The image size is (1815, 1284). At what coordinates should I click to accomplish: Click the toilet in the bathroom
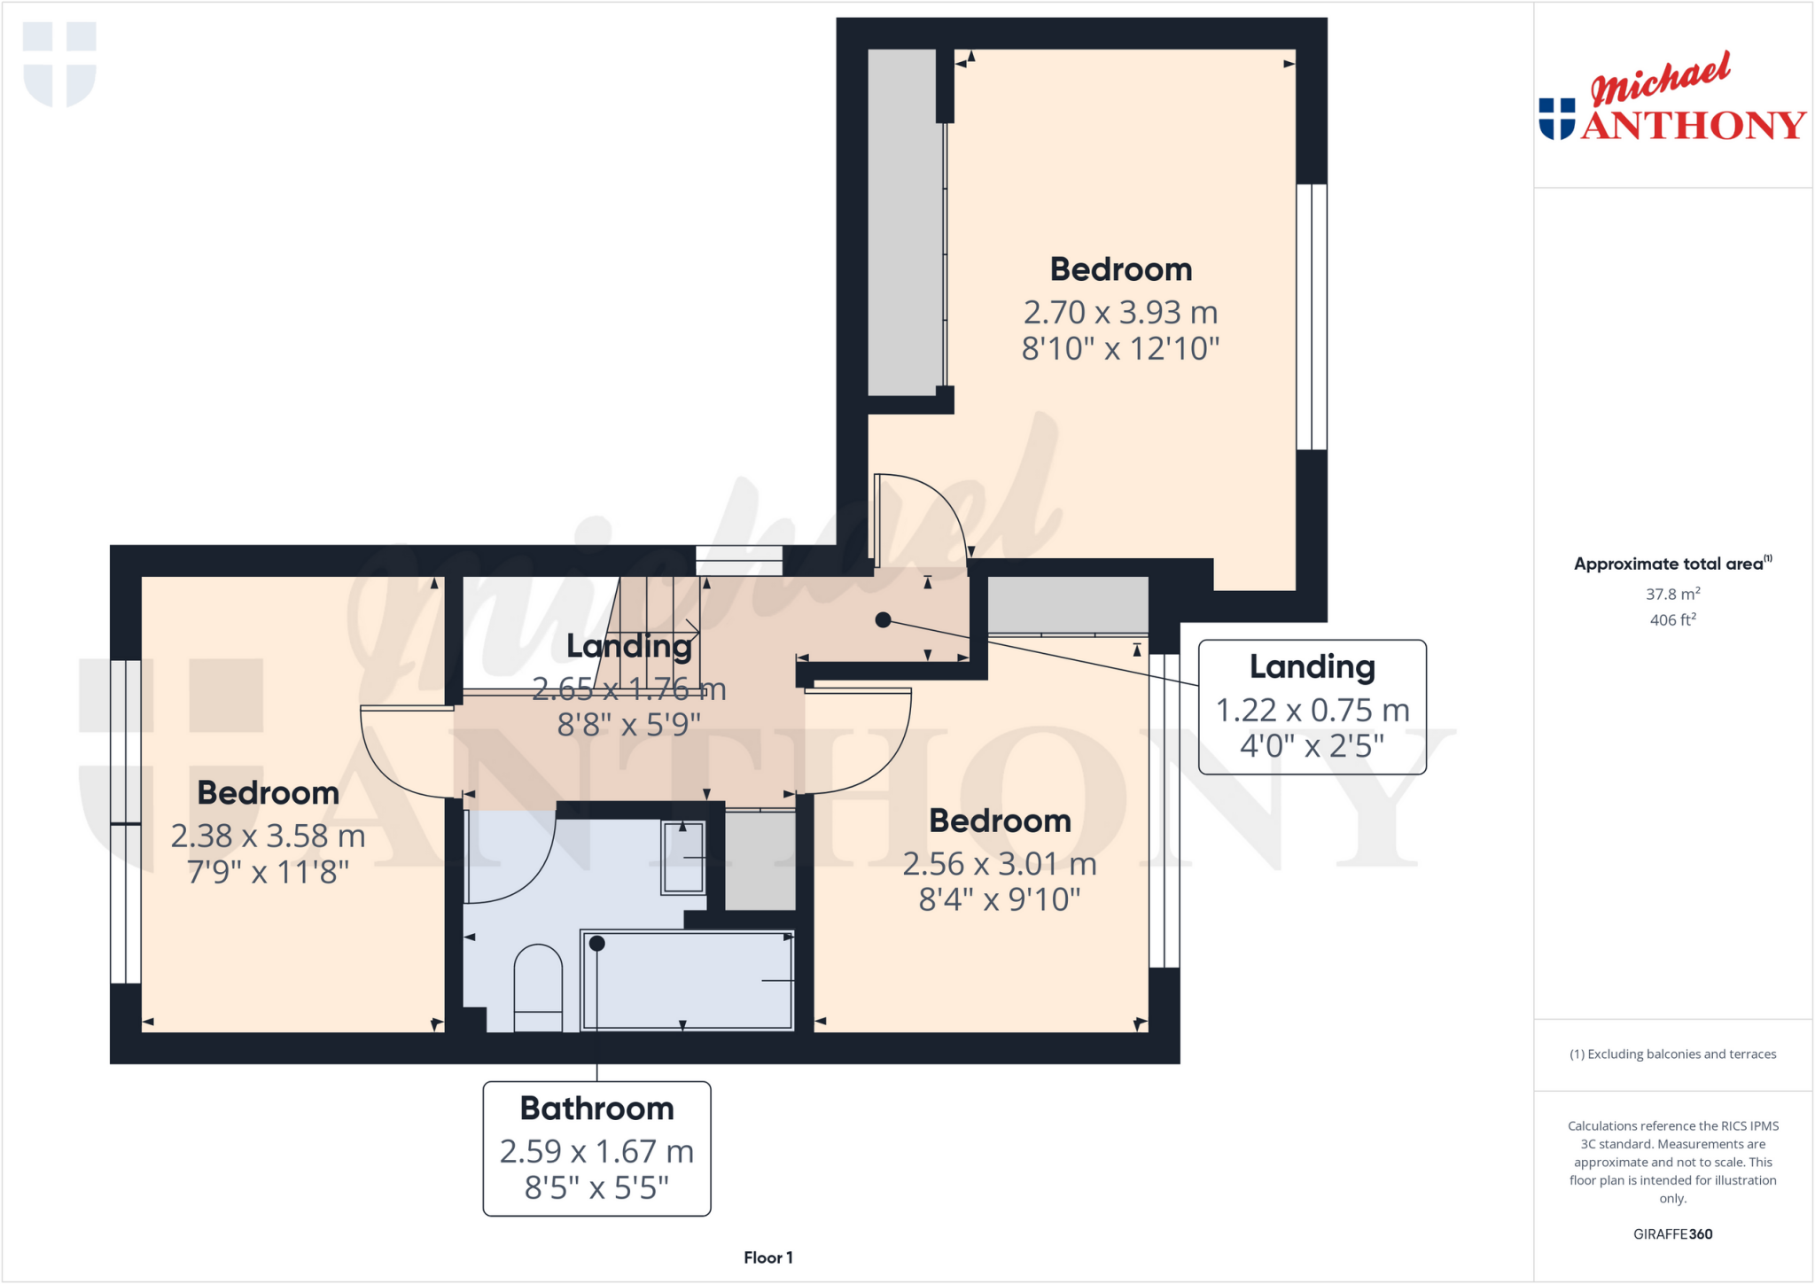click(538, 988)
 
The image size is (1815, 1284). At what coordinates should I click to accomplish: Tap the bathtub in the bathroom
click(687, 980)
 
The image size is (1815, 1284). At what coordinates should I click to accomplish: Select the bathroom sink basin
click(683, 857)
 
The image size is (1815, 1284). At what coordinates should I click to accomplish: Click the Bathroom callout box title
click(596, 1109)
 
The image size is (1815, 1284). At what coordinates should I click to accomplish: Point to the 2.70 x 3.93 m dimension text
click(1120, 312)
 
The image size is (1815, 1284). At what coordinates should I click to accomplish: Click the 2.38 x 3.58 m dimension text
click(268, 836)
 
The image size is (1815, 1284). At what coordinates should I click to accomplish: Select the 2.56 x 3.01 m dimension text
click(1000, 864)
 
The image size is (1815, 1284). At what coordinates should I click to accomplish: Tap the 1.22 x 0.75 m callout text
click(1312, 710)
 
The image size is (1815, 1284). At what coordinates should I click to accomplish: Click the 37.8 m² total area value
click(1672, 595)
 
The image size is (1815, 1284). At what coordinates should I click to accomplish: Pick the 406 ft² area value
click(1672, 620)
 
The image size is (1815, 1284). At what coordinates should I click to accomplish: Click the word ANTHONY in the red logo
click(1693, 126)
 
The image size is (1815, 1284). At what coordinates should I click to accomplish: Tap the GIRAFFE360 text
click(1672, 1233)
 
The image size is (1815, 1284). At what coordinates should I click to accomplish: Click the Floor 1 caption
click(768, 1257)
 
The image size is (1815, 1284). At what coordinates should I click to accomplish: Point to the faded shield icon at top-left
click(59, 64)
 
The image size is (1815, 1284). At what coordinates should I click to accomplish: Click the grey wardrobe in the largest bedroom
click(901, 222)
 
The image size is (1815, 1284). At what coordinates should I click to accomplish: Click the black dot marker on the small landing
click(883, 620)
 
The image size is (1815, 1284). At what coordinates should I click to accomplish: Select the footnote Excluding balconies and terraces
click(1672, 1054)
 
